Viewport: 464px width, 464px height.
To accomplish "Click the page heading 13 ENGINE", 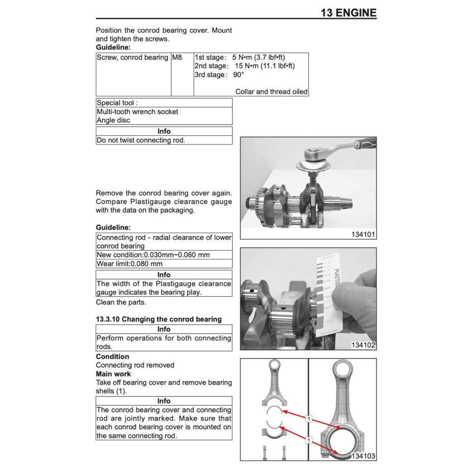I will [348, 13].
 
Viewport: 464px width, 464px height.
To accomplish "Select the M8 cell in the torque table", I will [177, 58].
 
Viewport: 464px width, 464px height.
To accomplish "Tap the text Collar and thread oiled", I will [271, 92].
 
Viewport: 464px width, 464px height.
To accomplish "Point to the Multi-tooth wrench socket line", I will [137, 111].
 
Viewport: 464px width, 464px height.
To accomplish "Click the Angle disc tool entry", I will [113, 120].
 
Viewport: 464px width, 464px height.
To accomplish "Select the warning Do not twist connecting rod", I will [141, 140].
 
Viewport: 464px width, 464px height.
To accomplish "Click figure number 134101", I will [363, 234].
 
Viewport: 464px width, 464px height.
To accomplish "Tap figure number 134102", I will [363, 345].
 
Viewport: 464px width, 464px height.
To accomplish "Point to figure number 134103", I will [363, 456].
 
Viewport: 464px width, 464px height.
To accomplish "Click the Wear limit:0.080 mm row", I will [130, 264].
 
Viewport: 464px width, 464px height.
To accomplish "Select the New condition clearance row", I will [153, 255].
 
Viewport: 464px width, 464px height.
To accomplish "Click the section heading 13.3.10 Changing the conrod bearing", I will [159, 319].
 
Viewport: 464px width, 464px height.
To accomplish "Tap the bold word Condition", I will [112, 357].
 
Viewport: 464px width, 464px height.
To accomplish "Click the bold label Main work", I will [113, 374].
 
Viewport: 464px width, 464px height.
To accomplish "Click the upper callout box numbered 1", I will [309, 419].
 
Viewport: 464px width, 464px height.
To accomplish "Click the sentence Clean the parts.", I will [121, 302].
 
